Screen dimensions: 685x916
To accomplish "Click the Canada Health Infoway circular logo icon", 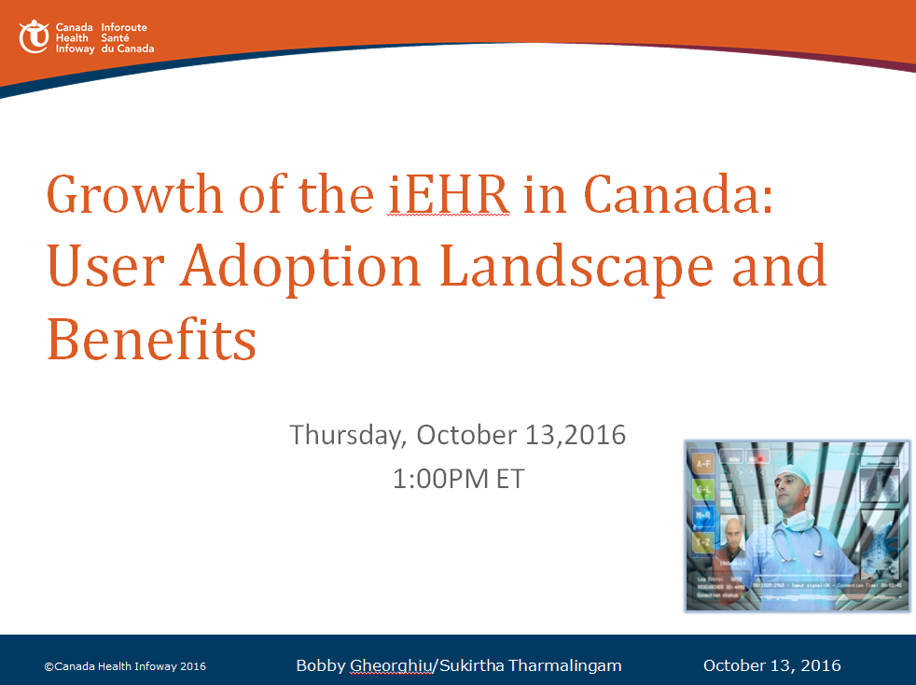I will pyautogui.click(x=34, y=37).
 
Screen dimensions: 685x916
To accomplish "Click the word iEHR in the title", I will pyautogui.click(x=449, y=195).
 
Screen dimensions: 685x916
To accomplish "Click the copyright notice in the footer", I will pyautogui.click(x=125, y=666).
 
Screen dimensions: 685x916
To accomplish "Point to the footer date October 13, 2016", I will pyautogui.click(x=771, y=665).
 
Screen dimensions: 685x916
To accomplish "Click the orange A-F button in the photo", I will pyautogui.click(x=703, y=464).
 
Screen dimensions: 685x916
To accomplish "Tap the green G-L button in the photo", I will pyautogui.click(x=703, y=490).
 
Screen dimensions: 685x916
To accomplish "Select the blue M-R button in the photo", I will pyautogui.click(x=703, y=514).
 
